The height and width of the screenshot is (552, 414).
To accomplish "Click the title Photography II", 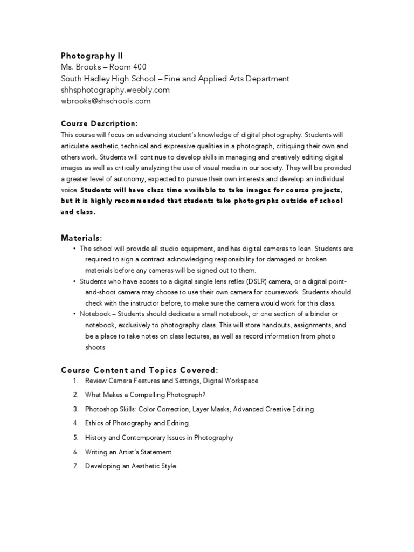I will click(x=92, y=56).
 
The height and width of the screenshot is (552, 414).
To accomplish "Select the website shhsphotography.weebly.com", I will click(x=115, y=89).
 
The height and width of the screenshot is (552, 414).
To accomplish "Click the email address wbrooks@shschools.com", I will click(x=106, y=101).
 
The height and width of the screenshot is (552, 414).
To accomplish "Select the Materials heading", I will click(x=81, y=238).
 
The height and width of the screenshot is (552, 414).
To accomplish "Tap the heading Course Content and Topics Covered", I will click(x=140, y=370).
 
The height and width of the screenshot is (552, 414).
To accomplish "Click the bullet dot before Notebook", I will click(x=74, y=314).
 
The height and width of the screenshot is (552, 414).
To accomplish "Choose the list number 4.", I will click(x=75, y=423).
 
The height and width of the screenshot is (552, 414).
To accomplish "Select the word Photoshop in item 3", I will click(x=101, y=409).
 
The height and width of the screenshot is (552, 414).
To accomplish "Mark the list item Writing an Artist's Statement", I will click(x=128, y=452).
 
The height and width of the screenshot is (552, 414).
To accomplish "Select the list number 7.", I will click(x=75, y=466).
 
